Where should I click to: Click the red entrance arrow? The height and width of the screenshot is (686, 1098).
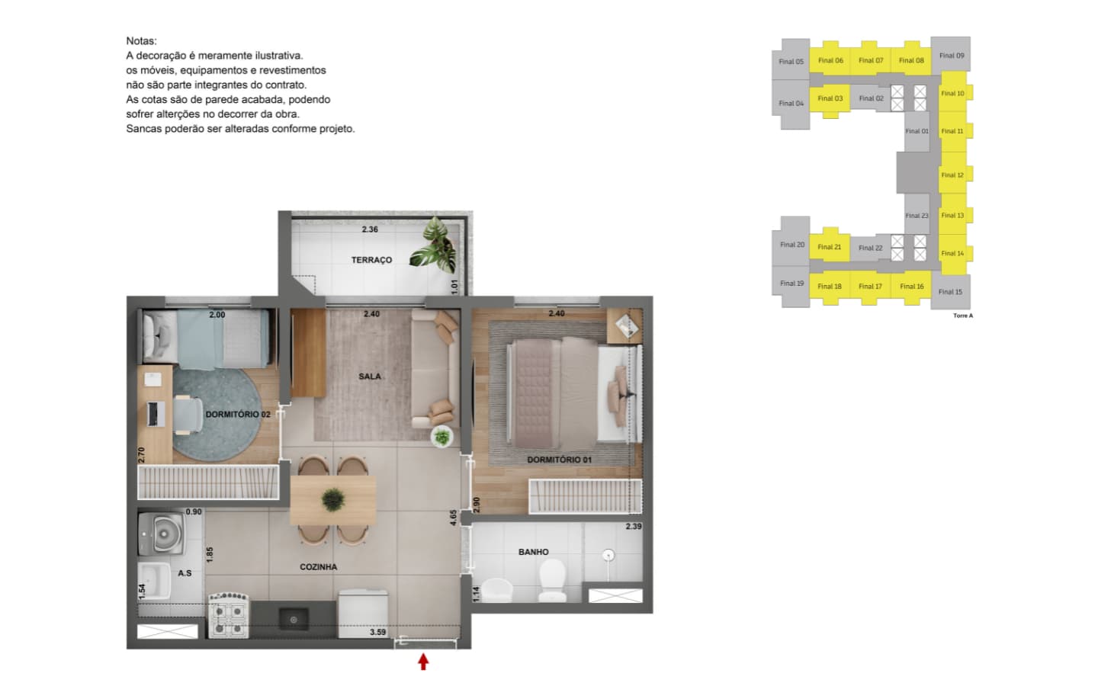[x=423, y=662]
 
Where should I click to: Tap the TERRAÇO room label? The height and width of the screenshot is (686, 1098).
[x=371, y=260]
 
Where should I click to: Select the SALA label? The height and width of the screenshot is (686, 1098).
[x=370, y=377]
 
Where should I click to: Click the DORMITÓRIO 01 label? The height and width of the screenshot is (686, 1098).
[x=560, y=460]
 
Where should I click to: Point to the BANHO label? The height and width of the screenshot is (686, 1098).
[x=533, y=552]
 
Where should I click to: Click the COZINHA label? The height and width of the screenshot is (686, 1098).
[x=318, y=567]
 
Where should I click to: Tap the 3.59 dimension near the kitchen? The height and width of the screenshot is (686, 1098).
[x=377, y=632]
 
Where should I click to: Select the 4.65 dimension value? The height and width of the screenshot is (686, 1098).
[x=454, y=518]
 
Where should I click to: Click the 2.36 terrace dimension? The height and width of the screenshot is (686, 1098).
[x=370, y=229]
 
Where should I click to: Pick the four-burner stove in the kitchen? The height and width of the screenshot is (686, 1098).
[x=229, y=615]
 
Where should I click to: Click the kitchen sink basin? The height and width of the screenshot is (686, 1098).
[x=293, y=620]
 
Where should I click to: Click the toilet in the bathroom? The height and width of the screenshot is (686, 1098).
[x=552, y=580]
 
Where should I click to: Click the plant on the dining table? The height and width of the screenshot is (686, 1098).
[x=333, y=500]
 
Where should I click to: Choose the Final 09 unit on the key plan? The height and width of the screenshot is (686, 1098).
[x=950, y=56]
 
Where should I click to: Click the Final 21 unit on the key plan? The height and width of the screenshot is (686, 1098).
[x=830, y=247]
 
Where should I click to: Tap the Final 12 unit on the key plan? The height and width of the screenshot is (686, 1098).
[x=953, y=175]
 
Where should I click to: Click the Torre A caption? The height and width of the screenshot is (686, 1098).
[x=963, y=316]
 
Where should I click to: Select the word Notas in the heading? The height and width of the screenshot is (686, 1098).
[x=141, y=41]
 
